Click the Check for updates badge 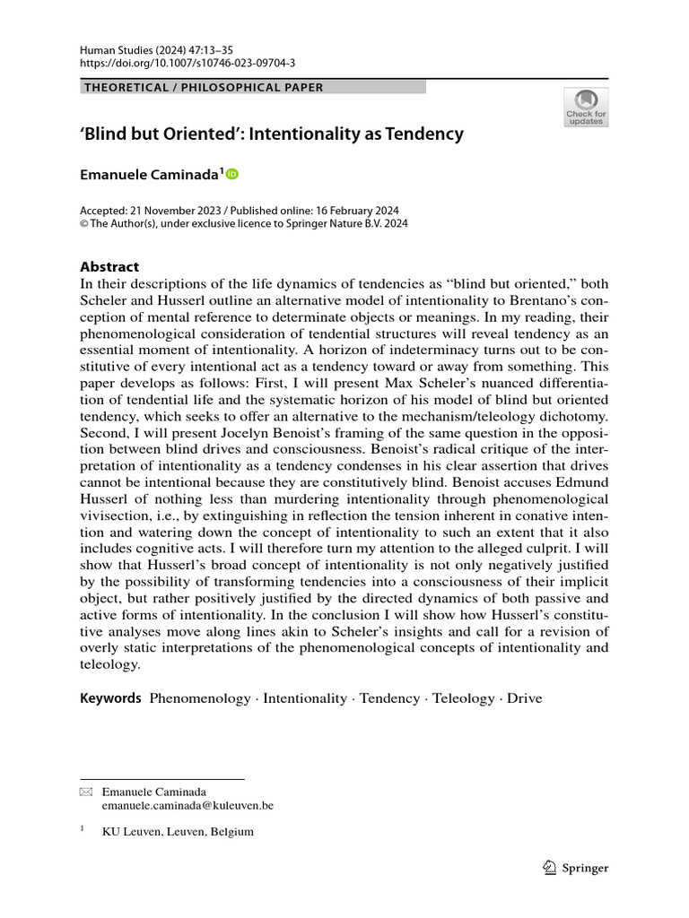tap(585, 107)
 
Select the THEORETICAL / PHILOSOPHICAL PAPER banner tap(203, 87)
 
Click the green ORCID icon tap(232, 175)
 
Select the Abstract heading tap(109, 266)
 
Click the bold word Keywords tap(110, 698)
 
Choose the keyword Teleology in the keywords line tap(462, 698)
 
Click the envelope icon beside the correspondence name tap(85, 792)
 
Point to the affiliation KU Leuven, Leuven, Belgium tap(178, 831)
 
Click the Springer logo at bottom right tap(577, 867)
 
